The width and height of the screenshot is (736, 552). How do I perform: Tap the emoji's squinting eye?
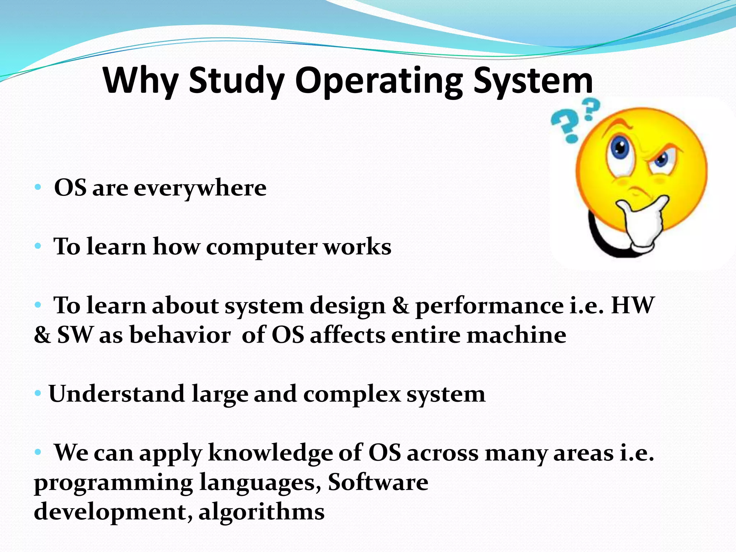[x=661, y=160]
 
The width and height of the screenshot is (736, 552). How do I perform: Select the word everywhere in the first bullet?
[x=200, y=188]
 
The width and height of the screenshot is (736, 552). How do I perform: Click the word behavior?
[x=180, y=335]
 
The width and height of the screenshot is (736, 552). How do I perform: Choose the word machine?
[x=516, y=335]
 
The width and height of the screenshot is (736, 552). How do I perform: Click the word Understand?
[x=117, y=394]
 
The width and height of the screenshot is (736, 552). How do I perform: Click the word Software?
[x=378, y=482]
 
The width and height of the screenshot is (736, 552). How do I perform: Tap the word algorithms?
[x=262, y=512]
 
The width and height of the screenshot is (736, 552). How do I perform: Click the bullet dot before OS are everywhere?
[x=38, y=188]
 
